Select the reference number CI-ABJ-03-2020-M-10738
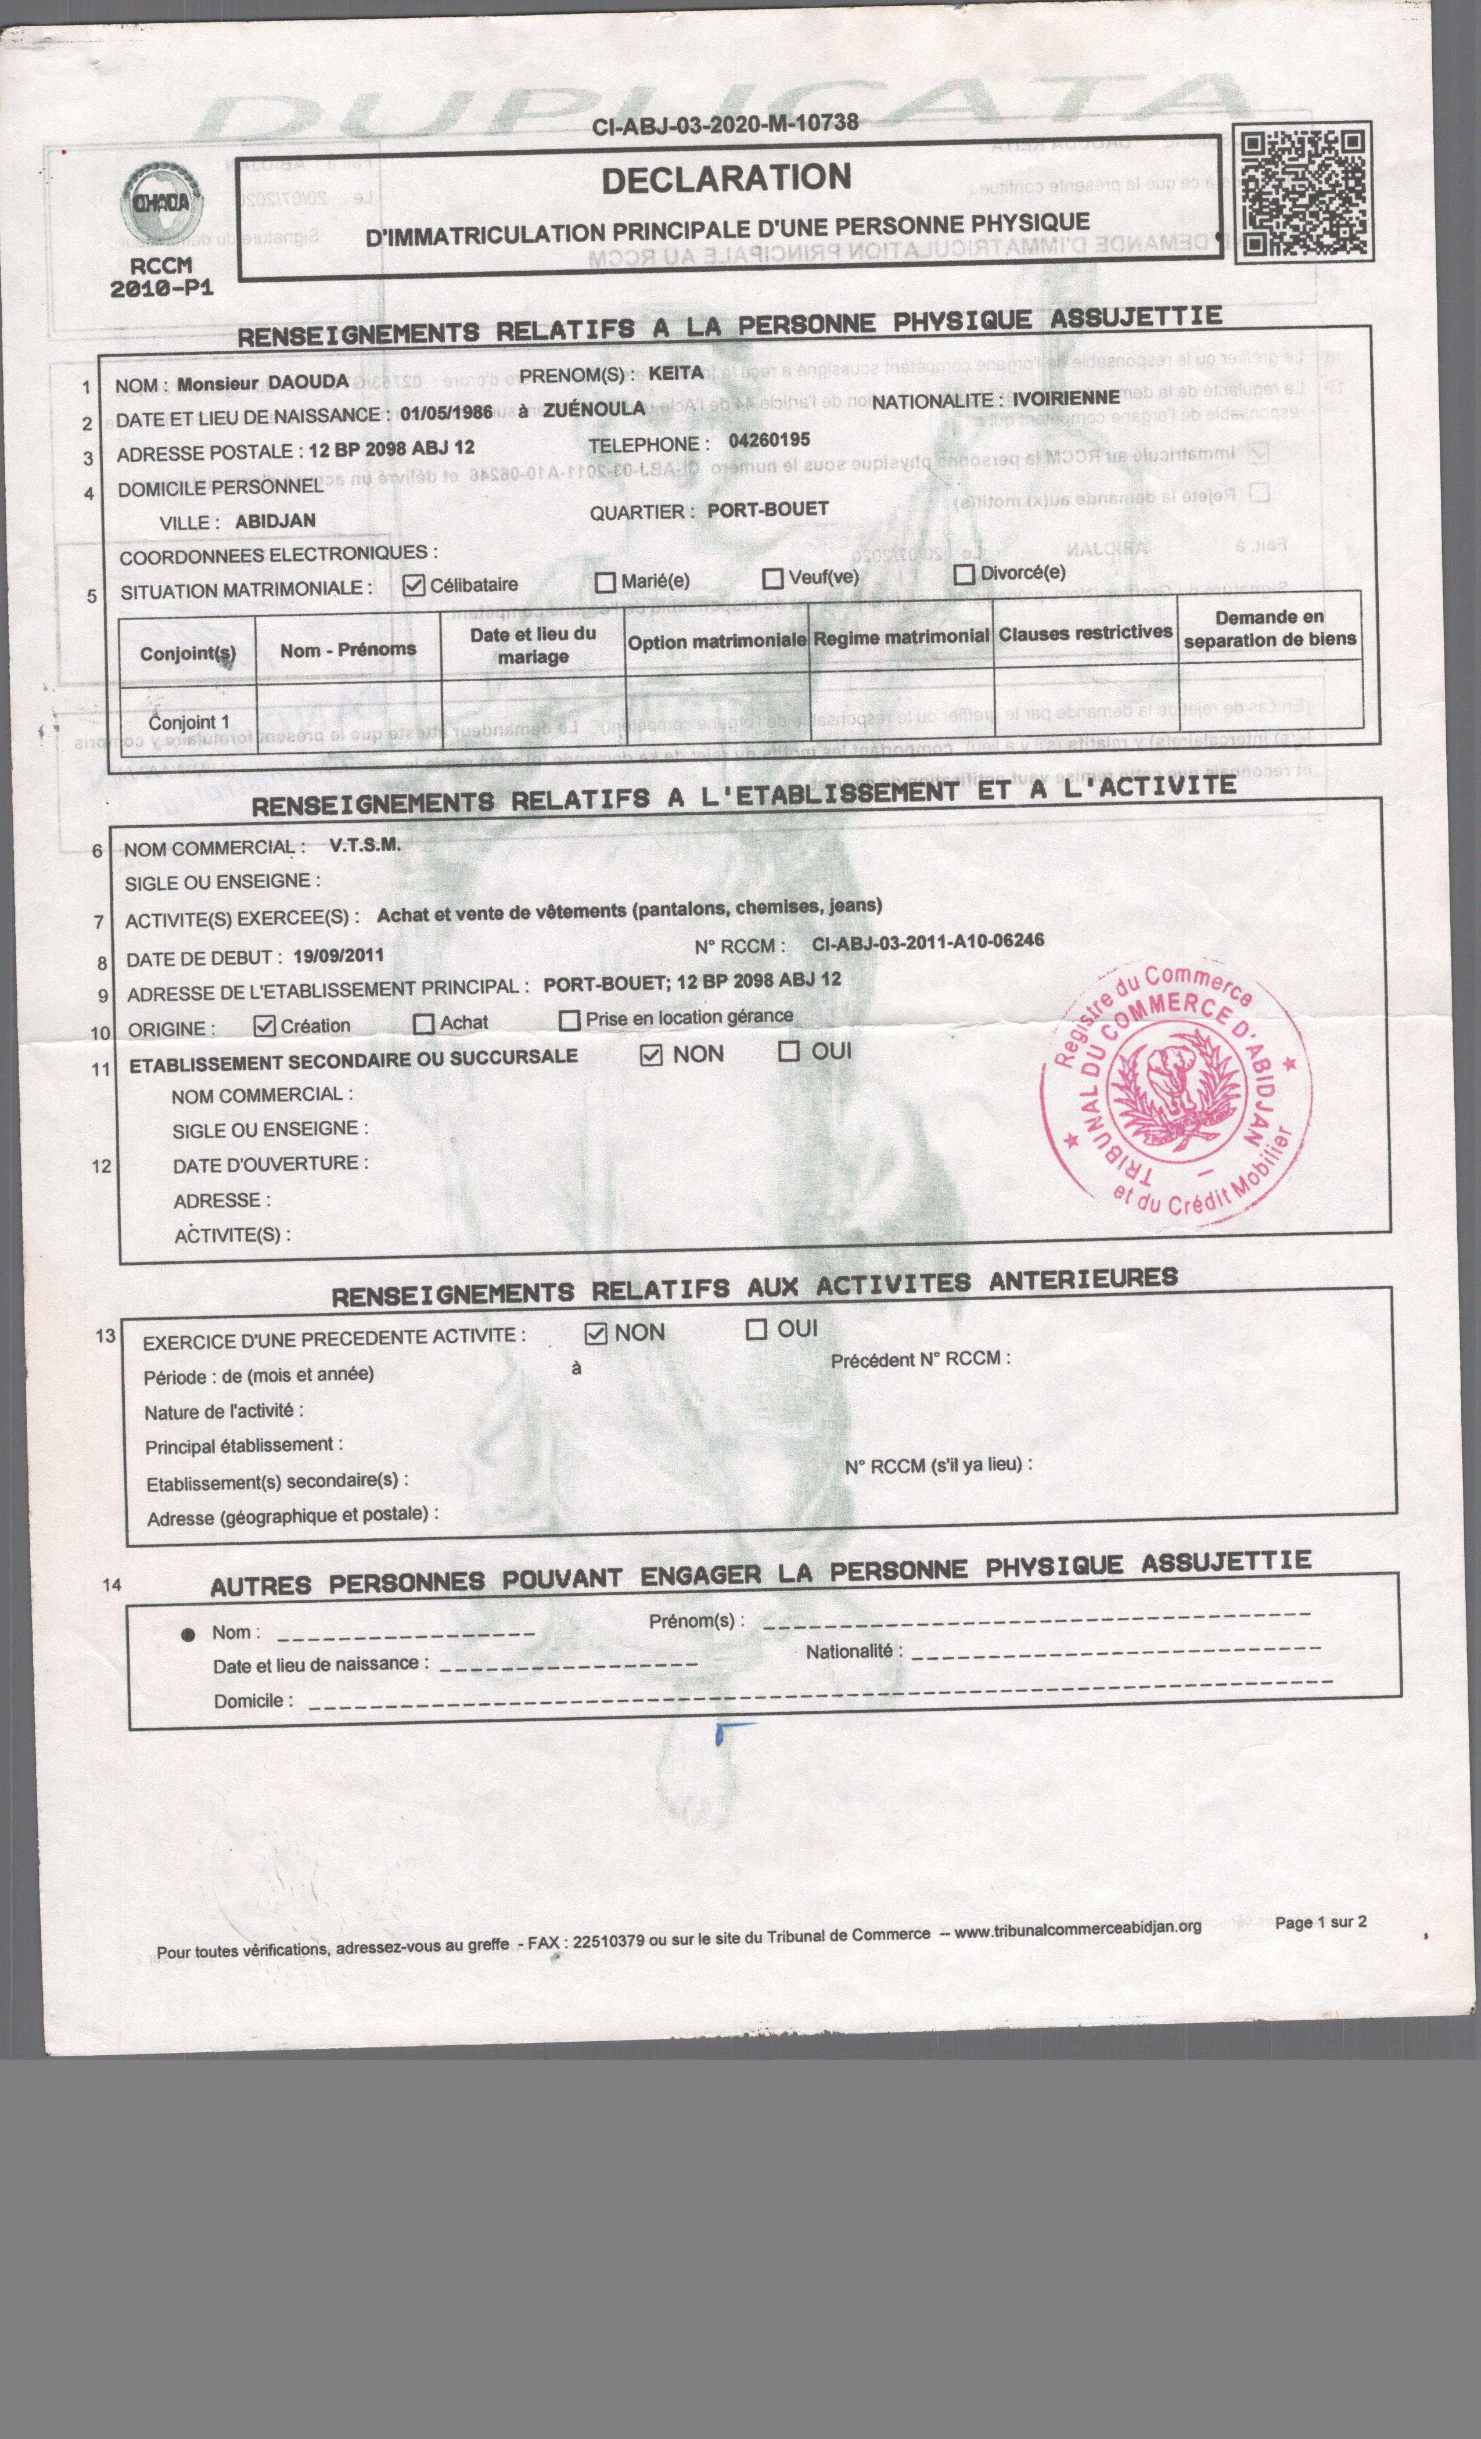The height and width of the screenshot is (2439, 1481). pyautogui.click(x=725, y=124)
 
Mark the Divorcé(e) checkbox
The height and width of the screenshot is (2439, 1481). pyautogui.click(x=964, y=574)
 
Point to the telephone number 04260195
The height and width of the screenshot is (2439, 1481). pyautogui.click(x=769, y=440)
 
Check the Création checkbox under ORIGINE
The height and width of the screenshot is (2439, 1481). pyautogui.click(x=263, y=1026)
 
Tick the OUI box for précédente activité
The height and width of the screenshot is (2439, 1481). pyautogui.click(x=756, y=1329)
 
